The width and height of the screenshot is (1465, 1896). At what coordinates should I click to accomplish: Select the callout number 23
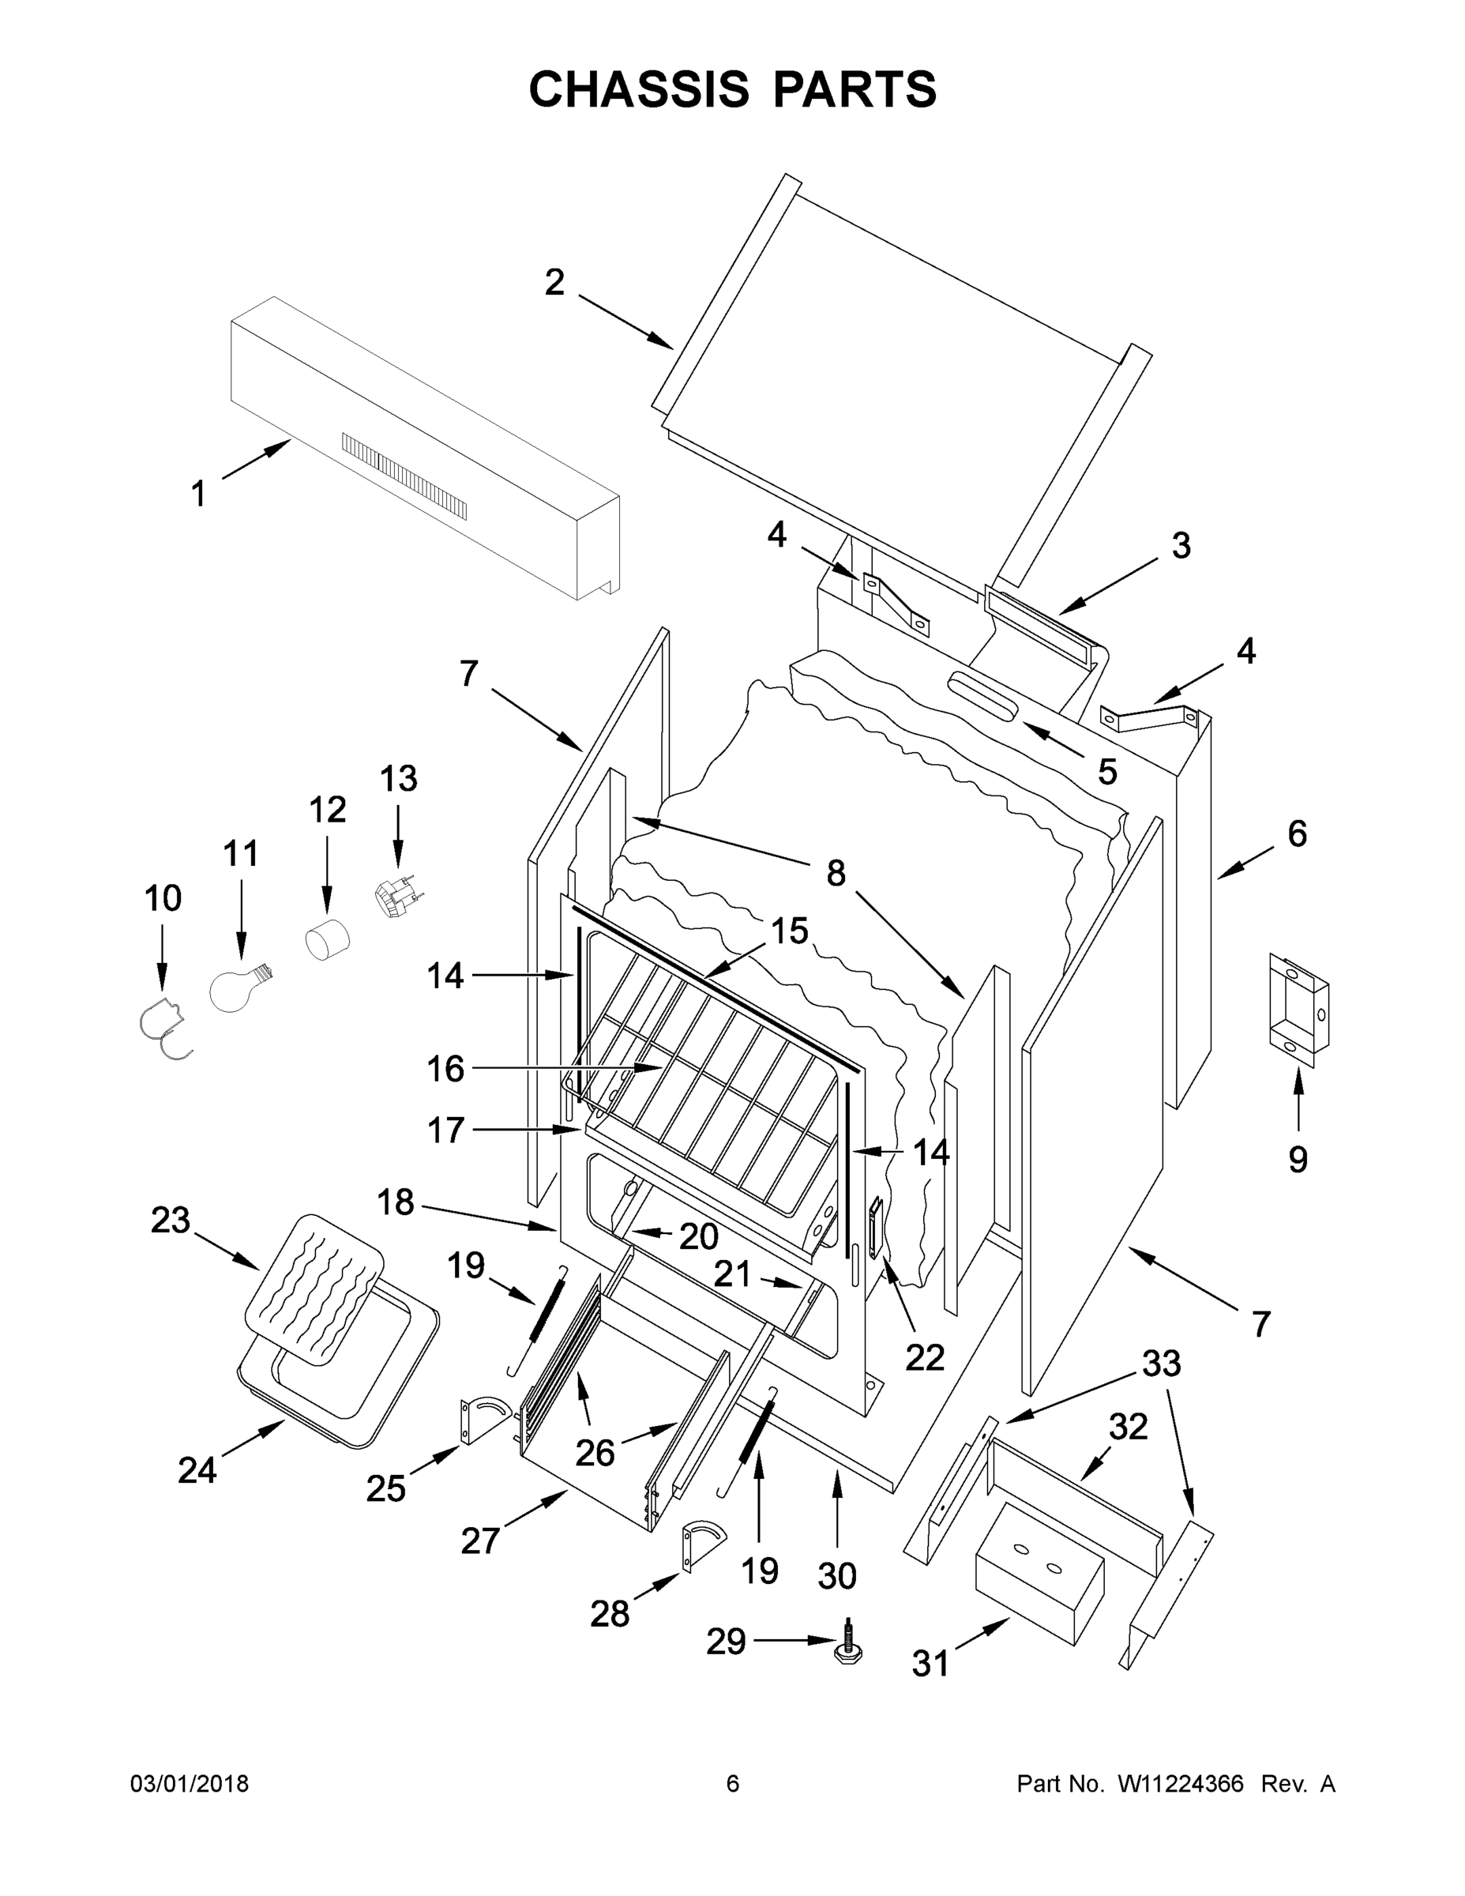tap(170, 1220)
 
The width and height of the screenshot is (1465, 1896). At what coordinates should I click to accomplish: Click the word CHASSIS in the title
tap(639, 88)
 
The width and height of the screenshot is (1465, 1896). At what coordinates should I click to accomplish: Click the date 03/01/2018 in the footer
tap(190, 1784)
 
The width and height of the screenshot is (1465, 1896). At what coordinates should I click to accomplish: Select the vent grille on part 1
tap(404, 476)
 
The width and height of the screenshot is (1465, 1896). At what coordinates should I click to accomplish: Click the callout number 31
tap(930, 1665)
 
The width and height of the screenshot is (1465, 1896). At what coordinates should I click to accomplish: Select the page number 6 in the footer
tap(733, 1784)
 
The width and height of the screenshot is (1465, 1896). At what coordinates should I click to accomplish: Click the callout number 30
tap(836, 1576)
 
